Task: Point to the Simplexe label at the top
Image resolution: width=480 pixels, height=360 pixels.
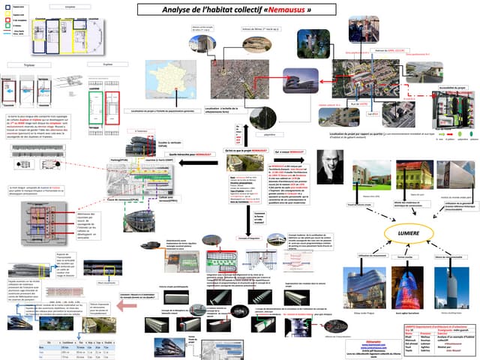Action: (x=70, y=5)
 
